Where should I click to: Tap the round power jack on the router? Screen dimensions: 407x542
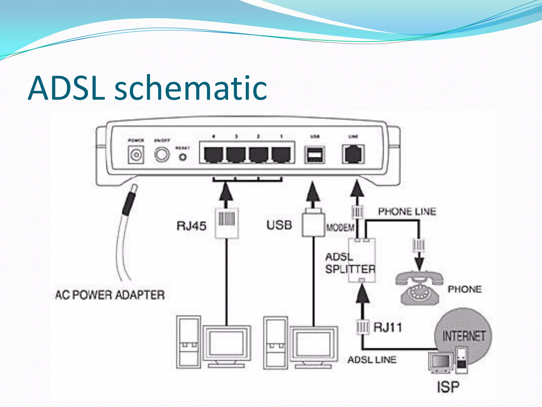click(136, 155)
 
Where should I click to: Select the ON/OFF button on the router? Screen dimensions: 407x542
click(162, 154)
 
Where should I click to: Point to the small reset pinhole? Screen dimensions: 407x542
click(183, 157)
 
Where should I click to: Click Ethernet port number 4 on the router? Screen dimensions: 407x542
click(213, 154)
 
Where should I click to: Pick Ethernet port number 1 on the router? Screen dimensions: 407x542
click(281, 154)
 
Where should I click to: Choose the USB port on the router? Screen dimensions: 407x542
click(314, 154)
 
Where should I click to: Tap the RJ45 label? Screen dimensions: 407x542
click(191, 226)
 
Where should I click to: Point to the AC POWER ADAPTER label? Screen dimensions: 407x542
click(110, 295)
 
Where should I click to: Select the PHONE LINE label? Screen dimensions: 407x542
click(407, 211)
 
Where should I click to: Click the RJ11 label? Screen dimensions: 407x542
click(387, 328)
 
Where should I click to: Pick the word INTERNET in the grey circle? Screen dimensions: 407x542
click(464, 336)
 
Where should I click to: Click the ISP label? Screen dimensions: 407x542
click(448, 387)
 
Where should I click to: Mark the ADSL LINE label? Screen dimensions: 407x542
click(372, 360)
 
